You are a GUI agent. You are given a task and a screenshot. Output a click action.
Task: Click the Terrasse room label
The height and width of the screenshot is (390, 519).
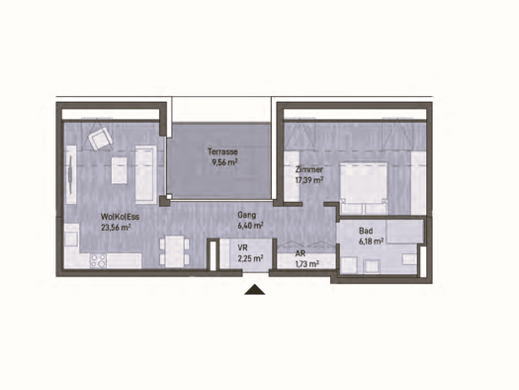(x=221, y=151)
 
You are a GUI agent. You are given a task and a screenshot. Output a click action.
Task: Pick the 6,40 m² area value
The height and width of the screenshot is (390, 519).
(x=248, y=225)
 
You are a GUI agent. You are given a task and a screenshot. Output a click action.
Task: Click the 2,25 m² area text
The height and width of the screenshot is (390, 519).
(x=251, y=259)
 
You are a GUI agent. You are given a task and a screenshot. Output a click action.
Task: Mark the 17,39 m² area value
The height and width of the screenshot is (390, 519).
(x=309, y=181)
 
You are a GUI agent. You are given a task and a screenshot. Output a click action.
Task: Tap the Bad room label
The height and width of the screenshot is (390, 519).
(x=365, y=230)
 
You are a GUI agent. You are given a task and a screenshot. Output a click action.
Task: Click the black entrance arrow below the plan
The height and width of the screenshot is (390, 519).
(x=255, y=290)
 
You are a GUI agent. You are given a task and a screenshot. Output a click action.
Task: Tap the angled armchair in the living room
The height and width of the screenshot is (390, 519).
(x=99, y=139)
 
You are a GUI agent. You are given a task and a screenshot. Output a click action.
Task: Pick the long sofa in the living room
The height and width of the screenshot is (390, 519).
(x=145, y=169)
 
